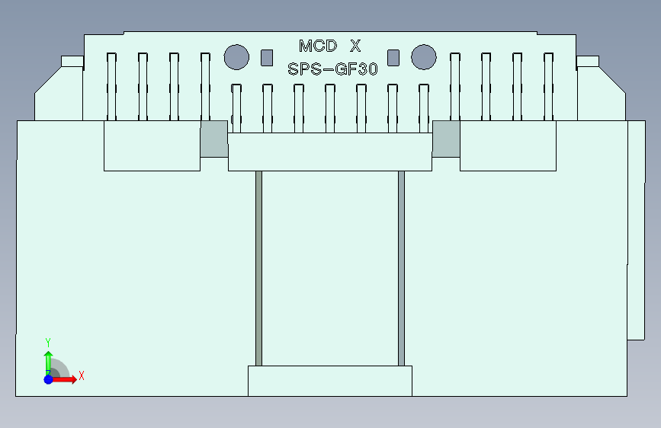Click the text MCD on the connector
tap(318, 46)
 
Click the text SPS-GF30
tap(333, 69)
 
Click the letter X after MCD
tap(355, 46)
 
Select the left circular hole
tap(236, 56)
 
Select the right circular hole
tap(423, 56)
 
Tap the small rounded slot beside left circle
tap(266, 57)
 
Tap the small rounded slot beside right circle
tap(393, 57)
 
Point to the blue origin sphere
tap(48, 379)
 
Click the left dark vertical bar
tap(258, 267)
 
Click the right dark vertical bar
tap(401, 267)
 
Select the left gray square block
tap(214, 139)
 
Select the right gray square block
tap(446, 139)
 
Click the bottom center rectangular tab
tap(329, 381)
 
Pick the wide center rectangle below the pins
tap(329, 152)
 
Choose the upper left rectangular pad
tap(152, 145)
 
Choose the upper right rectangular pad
tap(507, 145)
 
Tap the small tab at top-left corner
tap(72, 62)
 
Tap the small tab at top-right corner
tap(588, 62)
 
